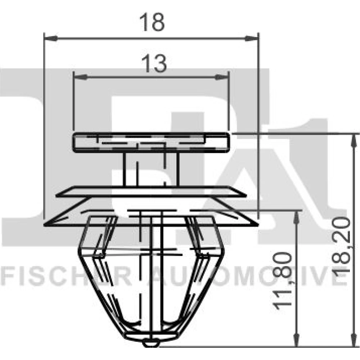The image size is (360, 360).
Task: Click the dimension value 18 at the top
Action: tap(152, 22)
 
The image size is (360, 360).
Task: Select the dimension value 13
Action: tap(154, 63)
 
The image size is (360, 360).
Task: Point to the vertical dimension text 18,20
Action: tap(341, 246)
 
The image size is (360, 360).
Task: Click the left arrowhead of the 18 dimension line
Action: tap(50, 38)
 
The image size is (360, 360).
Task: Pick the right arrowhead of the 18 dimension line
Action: tap(252, 38)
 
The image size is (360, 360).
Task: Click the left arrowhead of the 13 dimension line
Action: tap(80, 77)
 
